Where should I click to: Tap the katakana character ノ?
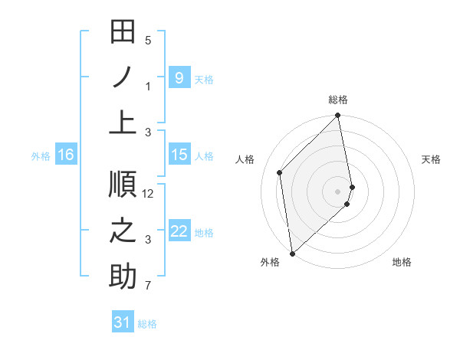[x=123, y=80]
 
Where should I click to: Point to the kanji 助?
[x=123, y=277]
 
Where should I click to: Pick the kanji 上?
[x=123, y=123]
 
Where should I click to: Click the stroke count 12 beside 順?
[x=148, y=194]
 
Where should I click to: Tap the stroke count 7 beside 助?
[x=148, y=286]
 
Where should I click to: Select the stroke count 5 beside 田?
[x=148, y=40]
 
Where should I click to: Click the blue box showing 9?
[x=179, y=78]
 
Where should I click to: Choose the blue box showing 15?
[x=179, y=155]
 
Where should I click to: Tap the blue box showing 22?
[x=179, y=231]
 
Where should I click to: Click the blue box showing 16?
[x=65, y=155]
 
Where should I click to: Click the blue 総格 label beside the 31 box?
[x=147, y=324]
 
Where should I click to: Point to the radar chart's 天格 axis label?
[x=431, y=159]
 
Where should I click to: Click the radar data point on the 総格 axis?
[x=338, y=116]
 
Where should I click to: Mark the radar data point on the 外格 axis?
[x=292, y=253]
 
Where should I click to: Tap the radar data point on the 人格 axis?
[x=280, y=172]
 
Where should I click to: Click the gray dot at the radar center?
[x=338, y=191]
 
